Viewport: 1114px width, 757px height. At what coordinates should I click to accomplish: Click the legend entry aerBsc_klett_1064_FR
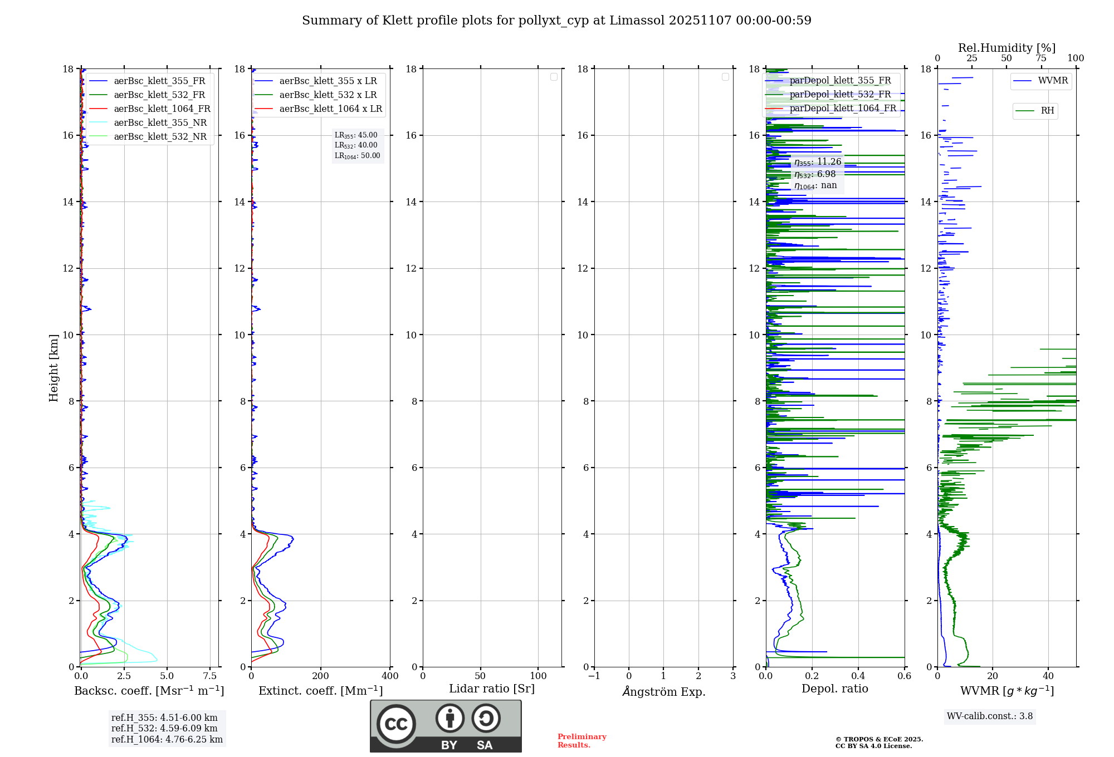[x=162, y=109]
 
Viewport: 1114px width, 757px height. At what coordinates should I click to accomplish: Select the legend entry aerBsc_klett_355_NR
[x=160, y=123]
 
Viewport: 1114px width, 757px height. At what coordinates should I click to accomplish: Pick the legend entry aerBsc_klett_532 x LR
[x=328, y=95]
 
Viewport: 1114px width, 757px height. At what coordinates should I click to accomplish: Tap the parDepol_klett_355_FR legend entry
[x=840, y=81]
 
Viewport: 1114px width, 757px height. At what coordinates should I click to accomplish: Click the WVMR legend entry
[x=1053, y=81]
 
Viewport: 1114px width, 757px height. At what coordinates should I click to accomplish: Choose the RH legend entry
[x=1047, y=111]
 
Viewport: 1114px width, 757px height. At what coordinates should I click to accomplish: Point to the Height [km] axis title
[x=53, y=367]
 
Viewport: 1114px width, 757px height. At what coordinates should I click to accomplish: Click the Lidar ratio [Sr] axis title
[x=492, y=689]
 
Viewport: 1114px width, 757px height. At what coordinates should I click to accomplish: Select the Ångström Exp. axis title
[x=663, y=692]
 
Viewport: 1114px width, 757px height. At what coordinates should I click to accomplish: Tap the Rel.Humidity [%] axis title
[x=1006, y=48]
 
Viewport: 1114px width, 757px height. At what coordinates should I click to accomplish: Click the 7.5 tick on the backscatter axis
[x=210, y=676]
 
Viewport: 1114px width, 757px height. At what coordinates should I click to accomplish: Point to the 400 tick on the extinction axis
[x=390, y=676]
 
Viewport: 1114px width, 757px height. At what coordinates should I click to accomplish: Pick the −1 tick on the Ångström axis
[x=594, y=676]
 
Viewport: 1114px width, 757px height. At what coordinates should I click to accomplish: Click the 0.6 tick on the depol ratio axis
[x=904, y=676]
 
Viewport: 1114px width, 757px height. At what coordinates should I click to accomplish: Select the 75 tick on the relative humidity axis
[x=1040, y=58]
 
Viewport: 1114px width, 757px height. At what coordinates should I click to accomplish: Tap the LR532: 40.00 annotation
[x=356, y=145]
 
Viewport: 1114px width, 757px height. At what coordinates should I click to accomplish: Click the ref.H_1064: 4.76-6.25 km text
[x=167, y=740]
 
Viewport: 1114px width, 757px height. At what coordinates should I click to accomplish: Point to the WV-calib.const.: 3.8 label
[x=989, y=716]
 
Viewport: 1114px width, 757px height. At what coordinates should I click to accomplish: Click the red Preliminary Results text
[x=582, y=741]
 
